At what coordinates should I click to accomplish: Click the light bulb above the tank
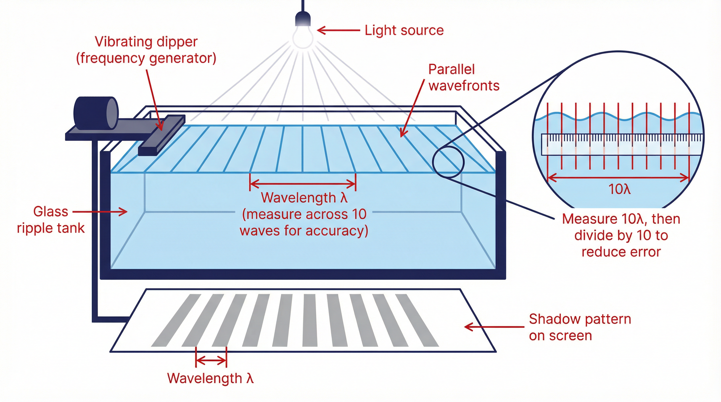[x=303, y=36]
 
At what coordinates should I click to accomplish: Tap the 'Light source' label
[x=404, y=30]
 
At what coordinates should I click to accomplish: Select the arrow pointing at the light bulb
[x=338, y=30]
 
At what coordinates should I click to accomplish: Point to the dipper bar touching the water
[x=161, y=135]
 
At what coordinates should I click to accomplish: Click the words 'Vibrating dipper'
[x=146, y=42]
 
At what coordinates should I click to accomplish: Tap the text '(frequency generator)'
[x=146, y=58]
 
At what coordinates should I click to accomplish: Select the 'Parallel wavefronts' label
[x=463, y=77]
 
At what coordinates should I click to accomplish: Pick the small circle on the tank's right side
[x=448, y=162]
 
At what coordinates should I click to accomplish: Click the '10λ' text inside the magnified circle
[x=619, y=189]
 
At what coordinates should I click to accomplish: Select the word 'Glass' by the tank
[x=51, y=211]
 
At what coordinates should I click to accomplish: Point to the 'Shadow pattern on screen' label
[x=579, y=327]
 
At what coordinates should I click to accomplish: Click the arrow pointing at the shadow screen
[x=494, y=327]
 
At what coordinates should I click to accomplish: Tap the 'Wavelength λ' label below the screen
[x=210, y=378]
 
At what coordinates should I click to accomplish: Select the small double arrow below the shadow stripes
[x=211, y=361]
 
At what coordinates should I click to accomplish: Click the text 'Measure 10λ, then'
[x=621, y=219]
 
